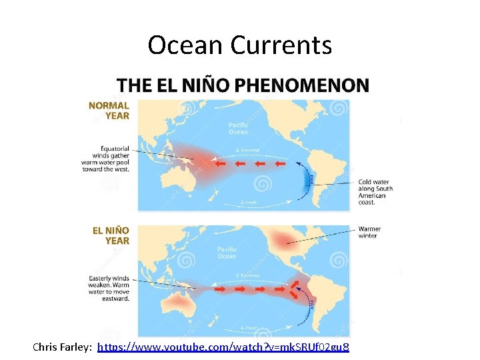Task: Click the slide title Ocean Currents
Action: tap(239, 45)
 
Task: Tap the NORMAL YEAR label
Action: tap(109, 110)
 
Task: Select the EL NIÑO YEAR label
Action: tap(111, 235)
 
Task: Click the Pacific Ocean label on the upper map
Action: tap(238, 128)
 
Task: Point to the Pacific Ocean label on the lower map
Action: tap(227, 253)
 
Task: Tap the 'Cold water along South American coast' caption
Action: tap(375, 191)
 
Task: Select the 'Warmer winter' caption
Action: tap(369, 232)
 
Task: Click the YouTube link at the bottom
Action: tap(223, 347)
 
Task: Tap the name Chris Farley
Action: tap(63, 347)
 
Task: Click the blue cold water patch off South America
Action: tap(307, 179)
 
